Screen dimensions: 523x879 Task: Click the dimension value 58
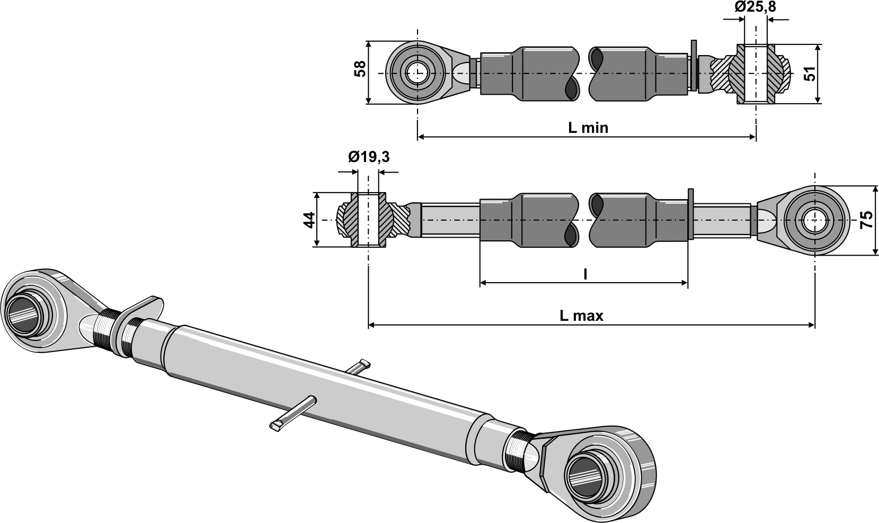(360, 69)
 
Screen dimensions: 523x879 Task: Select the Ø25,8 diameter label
(756, 7)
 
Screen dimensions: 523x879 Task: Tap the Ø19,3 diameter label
(369, 157)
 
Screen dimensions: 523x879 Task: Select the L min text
(588, 128)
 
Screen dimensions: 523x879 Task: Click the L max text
(581, 316)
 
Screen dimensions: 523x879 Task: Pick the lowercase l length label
(585, 274)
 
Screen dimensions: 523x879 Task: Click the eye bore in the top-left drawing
(417, 73)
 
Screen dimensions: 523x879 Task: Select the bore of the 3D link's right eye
(587, 475)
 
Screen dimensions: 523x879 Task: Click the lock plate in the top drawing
(693, 68)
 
